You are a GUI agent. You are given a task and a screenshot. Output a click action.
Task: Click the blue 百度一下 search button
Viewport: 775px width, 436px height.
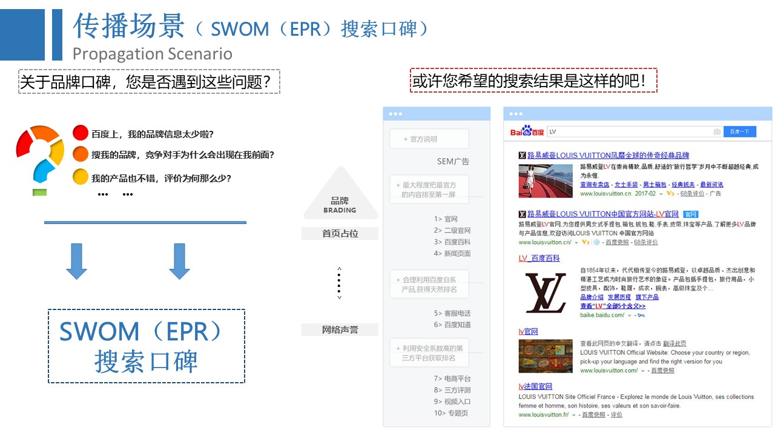point(739,131)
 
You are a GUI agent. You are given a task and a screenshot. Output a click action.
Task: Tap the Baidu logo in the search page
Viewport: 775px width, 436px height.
point(527,131)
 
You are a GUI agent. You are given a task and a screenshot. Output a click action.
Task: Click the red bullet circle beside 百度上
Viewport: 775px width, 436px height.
point(81,133)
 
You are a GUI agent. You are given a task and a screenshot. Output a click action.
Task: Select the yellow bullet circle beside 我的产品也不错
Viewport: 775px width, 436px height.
point(81,177)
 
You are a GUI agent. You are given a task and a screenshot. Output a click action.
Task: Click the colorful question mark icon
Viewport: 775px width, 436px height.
point(41,157)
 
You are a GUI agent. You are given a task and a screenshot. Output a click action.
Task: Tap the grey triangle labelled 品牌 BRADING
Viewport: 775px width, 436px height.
point(340,197)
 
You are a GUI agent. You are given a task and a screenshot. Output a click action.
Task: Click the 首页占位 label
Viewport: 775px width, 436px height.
point(340,233)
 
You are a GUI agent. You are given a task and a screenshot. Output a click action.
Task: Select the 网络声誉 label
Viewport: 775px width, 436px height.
point(340,330)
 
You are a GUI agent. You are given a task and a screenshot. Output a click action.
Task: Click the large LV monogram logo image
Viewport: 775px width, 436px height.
point(545,293)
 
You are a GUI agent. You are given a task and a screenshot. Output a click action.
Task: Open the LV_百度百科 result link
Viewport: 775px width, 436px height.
point(539,258)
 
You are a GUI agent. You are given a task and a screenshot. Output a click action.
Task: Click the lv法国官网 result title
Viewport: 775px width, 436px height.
point(535,386)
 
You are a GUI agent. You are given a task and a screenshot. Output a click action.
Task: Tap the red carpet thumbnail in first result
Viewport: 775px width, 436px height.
point(546,180)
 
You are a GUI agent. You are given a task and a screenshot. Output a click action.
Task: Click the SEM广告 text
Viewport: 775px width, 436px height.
point(453,162)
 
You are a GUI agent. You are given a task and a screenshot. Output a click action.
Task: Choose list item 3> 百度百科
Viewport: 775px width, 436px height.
point(452,242)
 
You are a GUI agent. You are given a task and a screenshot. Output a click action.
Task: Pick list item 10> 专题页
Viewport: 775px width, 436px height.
point(450,413)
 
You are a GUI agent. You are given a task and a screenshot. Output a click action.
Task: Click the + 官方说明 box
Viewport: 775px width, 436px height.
point(429,139)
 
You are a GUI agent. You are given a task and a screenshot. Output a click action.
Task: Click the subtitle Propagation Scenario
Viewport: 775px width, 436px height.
point(152,54)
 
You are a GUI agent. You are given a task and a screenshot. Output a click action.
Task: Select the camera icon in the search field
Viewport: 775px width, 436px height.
point(717,131)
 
